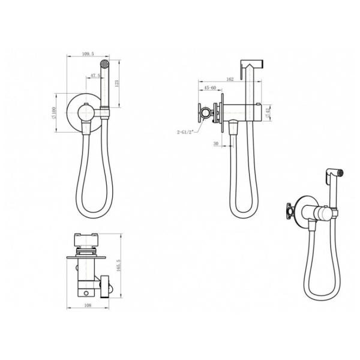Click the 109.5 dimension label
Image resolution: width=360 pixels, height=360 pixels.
pos(88,54)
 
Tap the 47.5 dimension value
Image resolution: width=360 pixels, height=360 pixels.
pos(95,76)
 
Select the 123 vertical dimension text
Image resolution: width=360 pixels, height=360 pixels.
pos(116,83)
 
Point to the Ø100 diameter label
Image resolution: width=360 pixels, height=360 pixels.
pos(54,113)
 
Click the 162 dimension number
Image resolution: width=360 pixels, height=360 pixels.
pos(230,79)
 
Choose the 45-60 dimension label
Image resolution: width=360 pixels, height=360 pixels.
pos(210,88)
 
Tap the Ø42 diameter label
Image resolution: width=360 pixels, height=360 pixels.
pos(268,113)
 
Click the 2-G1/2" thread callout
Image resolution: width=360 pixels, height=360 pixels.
pos(185,132)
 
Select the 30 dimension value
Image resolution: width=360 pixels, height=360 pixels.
pos(216,143)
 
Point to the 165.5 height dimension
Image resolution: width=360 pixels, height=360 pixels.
pos(118,266)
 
